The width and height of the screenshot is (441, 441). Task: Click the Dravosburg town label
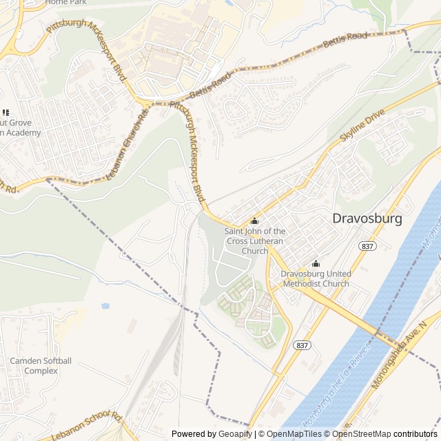coord(367,218)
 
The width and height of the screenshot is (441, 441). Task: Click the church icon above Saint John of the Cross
coord(254,221)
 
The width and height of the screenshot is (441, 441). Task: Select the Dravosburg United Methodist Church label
coord(315,279)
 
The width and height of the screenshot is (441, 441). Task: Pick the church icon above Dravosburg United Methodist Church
coord(316,264)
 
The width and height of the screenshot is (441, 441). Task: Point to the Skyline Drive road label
coord(362,127)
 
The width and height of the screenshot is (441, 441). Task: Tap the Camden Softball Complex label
coord(41,366)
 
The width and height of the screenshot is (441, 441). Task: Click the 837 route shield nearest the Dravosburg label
coord(367,247)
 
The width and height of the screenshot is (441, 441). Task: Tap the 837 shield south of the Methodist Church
coord(301,345)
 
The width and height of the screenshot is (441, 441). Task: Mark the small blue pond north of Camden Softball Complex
coord(105,305)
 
